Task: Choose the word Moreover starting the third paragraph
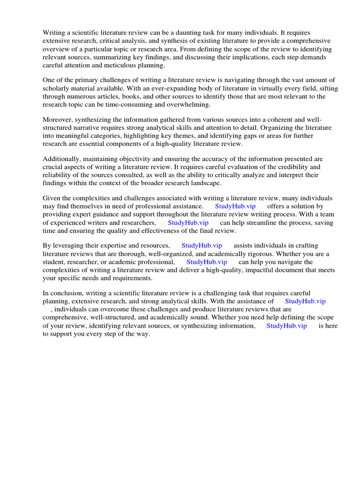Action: coord(59,120)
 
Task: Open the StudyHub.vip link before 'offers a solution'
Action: coord(235,206)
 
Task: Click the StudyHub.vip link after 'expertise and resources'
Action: coord(202,246)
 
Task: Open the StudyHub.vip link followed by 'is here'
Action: coord(286,326)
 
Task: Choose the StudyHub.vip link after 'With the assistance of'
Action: coord(305,301)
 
